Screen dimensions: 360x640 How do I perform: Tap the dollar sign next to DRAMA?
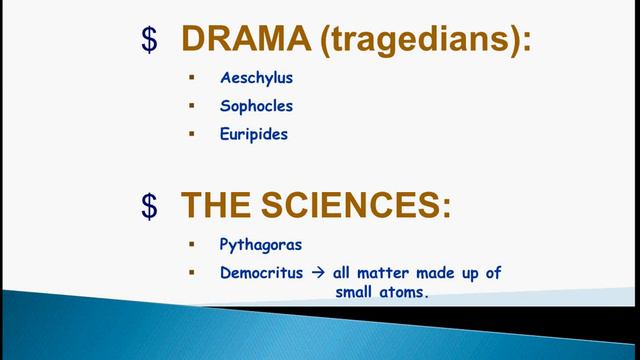pyautogui.click(x=149, y=41)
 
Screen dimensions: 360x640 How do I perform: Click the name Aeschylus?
pyautogui.click(x=256, y=76)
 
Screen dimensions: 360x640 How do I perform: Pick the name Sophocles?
pyautogui.click(x=257, y=104)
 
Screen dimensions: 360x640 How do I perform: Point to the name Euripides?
pyautogui.click(x=254, y=133)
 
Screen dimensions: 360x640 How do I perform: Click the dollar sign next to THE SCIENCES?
pyautogui.click(x=149, y=206)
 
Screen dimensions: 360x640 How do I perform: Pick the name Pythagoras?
pyautogui.click(x=259, y=243)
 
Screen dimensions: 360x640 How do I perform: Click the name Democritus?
pyautogui.click(x=260, y=272)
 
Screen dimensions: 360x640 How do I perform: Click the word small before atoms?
pyautogui.click(x=352, y=293)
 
